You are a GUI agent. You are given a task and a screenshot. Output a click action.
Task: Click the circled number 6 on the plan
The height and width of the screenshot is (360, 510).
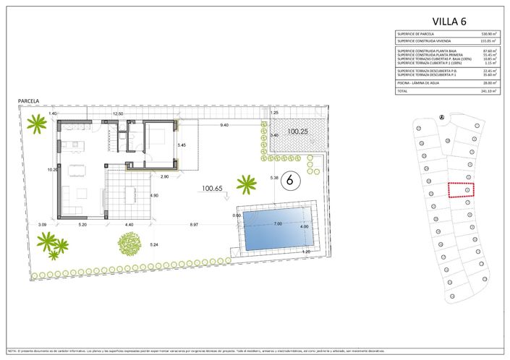coord(289,179)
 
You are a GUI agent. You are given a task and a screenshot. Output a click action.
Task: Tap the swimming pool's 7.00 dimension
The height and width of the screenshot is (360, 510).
coord(277,224)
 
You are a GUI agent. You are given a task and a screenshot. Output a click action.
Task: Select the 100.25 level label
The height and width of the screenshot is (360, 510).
coord(297,132)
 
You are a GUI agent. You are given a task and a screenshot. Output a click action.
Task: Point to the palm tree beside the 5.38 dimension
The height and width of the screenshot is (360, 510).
coord(247,183)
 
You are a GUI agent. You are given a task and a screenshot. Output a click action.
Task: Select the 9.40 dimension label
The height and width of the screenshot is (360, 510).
coord(224,125)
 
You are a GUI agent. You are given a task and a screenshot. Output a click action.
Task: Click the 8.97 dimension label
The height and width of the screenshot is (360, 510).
coord(194,226)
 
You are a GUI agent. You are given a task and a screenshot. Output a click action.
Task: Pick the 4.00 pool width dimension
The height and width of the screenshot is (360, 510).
coord(304,227)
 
